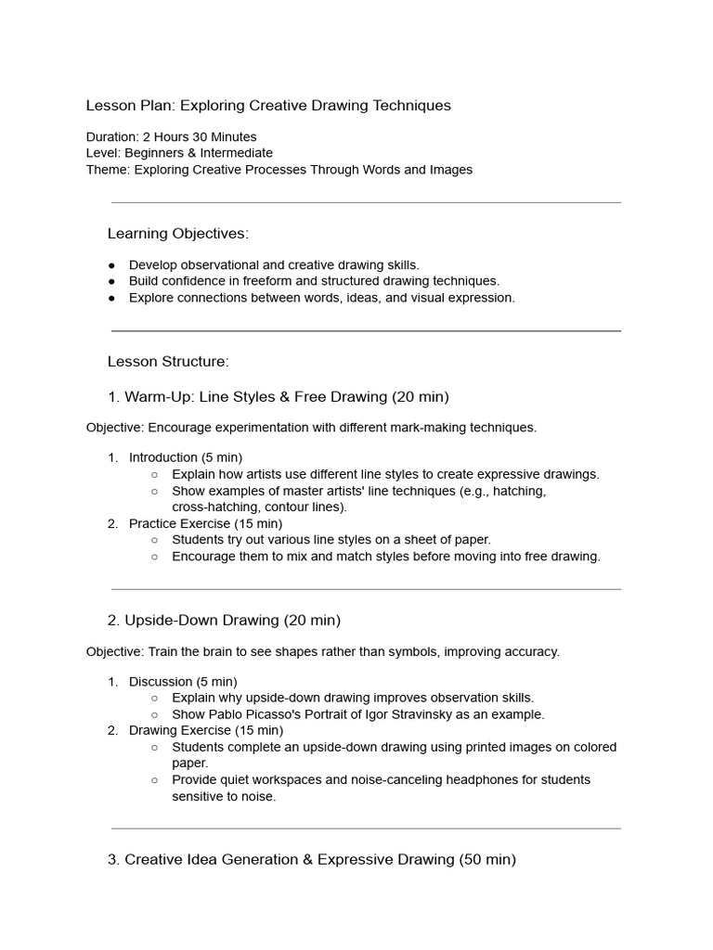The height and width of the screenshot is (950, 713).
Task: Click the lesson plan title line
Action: point(268,106)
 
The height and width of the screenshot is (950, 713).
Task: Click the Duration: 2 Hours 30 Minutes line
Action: point(171,136)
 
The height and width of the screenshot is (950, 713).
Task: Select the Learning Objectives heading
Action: point(177,233)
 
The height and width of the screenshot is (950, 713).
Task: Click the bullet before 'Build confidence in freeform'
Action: point(112,281)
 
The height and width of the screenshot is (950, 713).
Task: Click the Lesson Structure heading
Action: point(168,361)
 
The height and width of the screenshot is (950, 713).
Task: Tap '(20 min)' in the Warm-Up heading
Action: point(420,397)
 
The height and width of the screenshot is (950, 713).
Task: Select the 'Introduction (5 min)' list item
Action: point(185,457)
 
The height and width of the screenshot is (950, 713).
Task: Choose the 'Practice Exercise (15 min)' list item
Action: point(205,523)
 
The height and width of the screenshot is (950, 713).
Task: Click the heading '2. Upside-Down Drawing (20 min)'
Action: point(224,620)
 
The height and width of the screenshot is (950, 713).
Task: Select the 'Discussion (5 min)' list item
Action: point(183,681)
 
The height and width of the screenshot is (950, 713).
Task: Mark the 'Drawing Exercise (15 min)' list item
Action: point(204,730)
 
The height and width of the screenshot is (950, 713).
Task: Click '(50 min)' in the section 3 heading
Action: point(486,860)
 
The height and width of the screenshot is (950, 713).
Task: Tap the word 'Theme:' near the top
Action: point(108,170)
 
